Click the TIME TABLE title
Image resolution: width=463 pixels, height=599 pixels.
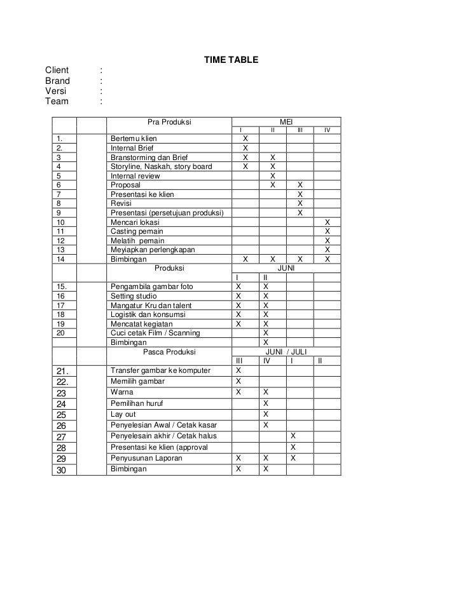tap(230, 60)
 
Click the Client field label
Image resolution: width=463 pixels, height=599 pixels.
tap(57, 70)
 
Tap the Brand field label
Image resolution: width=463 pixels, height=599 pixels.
tap(57, 81)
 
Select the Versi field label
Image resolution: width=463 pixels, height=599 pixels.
tap(55, 91)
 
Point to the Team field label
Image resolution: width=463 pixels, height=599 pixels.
tap(56, 101)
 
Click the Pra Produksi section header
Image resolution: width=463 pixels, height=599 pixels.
tap(169, 121)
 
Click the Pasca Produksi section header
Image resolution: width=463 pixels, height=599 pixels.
tap(169, 351)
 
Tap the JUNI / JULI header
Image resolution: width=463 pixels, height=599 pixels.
tap(286, 351)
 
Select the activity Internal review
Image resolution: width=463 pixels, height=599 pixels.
tap(135, 176)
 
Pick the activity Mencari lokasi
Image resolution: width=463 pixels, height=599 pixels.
tap(135, 222)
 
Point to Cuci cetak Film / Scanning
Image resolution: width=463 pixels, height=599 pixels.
tap(155, 333)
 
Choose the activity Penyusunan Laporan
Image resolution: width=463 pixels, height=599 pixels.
tap(146, 458)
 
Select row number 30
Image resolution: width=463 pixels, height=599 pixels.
tap(62, 469)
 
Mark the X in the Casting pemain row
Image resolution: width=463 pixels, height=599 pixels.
tap(328, 232)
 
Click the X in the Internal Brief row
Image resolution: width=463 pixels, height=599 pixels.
tap(245, 148)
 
